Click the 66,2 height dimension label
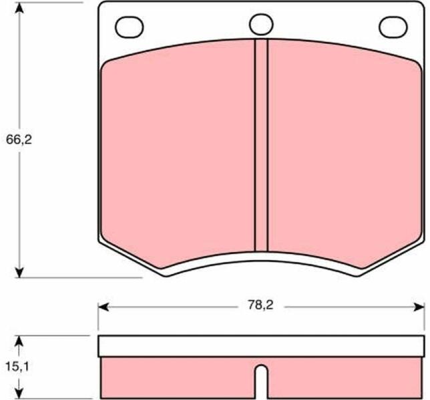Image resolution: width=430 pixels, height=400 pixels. pyautogui.click(x=19, y=140)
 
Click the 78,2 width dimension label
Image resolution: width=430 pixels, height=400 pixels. pyautogui.click(x=261, y=305)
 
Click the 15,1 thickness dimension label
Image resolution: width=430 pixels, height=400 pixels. pyautogui.click(x=17, y=367)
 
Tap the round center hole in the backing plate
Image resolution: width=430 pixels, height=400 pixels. pyautogui.click(x=261, y=24)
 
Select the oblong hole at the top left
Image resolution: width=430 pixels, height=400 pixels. pyautogui.click(x=130, y=27)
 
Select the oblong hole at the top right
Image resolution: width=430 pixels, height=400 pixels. pyautogui.click(x=393, y=27)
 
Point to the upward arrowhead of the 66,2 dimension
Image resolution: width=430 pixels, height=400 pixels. pyautogui.click(x=19, y=9)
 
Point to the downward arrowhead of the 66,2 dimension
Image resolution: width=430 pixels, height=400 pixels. pyautogui.click(x=19, y=271)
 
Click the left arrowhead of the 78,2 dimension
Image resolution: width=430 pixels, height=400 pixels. pyautogui.click(x=103, y=307)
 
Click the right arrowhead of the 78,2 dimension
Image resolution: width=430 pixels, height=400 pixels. pyautogui.click(x=419, y=307)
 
